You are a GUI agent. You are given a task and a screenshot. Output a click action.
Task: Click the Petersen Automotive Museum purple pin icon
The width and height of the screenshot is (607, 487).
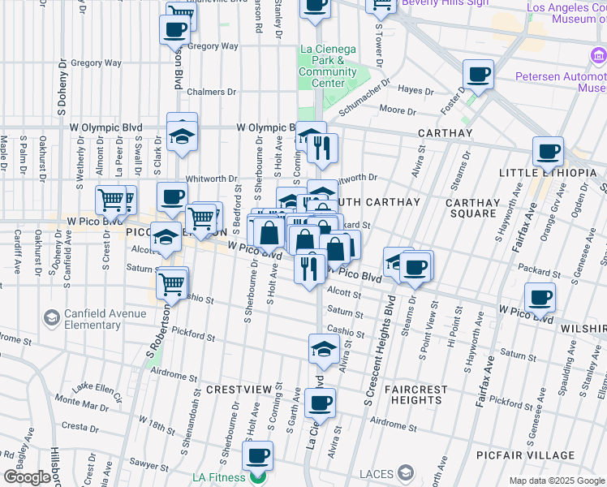click(x=598, y=56)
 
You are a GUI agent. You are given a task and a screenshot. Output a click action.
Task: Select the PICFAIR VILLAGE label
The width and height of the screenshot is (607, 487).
click(x=559, y=455)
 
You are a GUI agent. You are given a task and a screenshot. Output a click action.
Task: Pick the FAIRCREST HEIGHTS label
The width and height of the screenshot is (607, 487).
click(x=417, y=394)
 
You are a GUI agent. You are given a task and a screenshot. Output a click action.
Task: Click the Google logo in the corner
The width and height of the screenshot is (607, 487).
click(x=27, y=477)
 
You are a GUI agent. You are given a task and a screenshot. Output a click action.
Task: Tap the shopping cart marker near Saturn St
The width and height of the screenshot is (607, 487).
click(x=172, y=283)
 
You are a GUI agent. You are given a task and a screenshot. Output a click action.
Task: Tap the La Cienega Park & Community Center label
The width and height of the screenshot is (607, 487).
click(x=328, y=66)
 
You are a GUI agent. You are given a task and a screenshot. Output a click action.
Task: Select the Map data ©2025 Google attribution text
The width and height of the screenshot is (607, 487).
click(x=557, y=481)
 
